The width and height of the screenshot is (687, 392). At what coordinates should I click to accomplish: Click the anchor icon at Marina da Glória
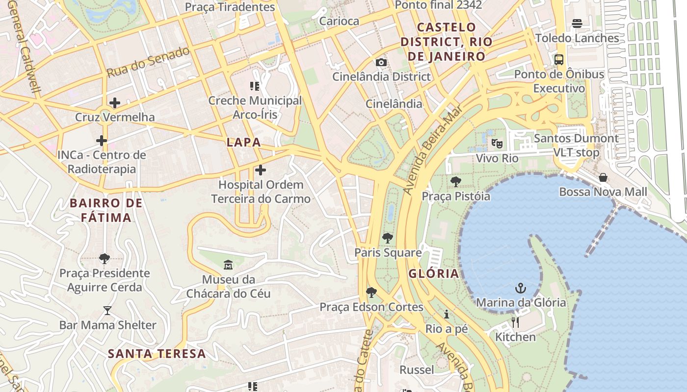click(x=521, y=288)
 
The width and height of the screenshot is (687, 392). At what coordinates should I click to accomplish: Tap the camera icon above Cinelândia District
click(x=381, y=62)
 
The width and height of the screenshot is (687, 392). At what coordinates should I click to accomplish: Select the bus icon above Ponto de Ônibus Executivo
click(x=558, y=60)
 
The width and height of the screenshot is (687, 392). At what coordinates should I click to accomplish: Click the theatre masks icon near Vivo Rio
click(x=497, y=144)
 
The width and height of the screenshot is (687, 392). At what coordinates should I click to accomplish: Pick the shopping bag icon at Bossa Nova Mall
click(x=603, y=177)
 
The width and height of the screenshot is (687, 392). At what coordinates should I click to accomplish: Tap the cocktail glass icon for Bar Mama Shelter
click(x=107, y=310)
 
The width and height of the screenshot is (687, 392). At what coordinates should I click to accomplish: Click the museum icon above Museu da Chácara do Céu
click(x=228, y=265)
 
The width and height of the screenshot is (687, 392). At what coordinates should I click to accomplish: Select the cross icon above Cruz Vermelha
click(x=114, y=103)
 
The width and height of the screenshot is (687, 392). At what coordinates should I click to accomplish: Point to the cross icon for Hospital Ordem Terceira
click(x=261, y=170)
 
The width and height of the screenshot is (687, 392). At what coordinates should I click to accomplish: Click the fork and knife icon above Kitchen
click(x=515, y=322)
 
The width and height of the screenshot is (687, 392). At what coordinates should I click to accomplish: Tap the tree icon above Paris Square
click(x=388, y=238)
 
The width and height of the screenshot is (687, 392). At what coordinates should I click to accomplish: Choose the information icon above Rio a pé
click(x=447, y=314)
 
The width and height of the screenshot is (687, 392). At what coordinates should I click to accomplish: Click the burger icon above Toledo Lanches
click(x=577, y=23)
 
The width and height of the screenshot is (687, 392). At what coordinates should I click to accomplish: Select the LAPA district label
click(x=243, y=143)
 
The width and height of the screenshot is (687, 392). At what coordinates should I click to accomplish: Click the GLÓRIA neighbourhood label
click(x=433, y=273)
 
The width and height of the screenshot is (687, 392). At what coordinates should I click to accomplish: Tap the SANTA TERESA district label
click(x=157, y=353)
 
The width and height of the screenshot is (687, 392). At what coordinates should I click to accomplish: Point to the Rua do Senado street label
click(x=148, y=62)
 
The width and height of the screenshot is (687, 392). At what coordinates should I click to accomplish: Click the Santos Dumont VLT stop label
click(x=576, y=145)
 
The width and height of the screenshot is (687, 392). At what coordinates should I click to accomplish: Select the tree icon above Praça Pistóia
click(x=455, y=182)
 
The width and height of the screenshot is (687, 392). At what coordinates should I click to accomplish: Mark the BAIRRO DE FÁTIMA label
click(x=106, y=210)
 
